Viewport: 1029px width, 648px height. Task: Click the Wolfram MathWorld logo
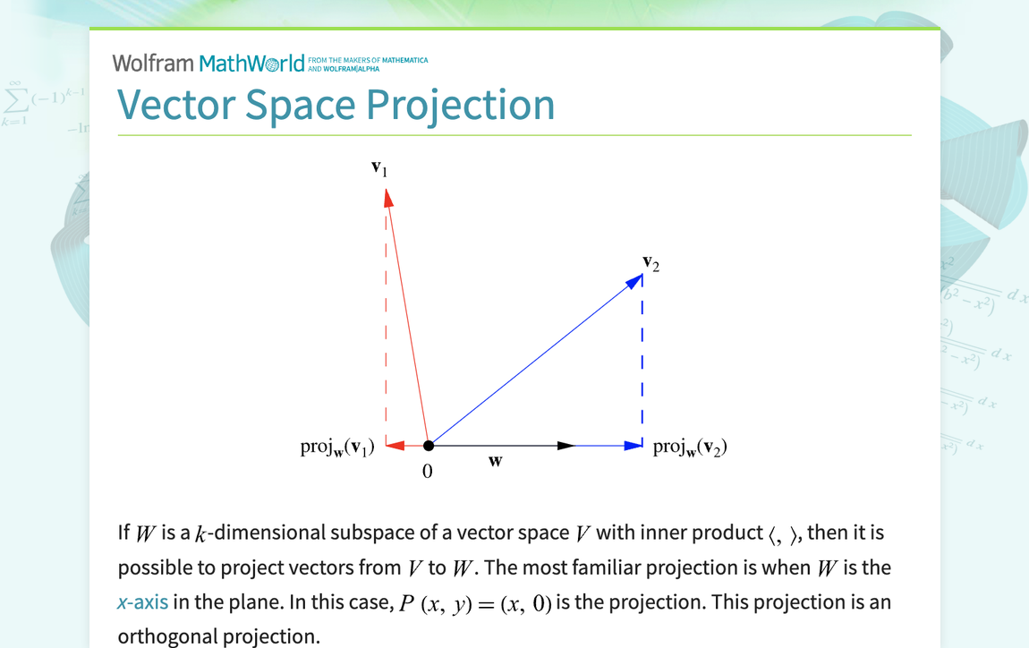point(269,63)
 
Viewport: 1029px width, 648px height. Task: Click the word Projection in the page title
point(460,106)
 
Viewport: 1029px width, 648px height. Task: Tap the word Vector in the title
point(176,105)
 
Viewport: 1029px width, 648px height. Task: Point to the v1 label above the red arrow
point(379,169)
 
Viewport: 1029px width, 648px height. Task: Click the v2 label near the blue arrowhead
point(651,263)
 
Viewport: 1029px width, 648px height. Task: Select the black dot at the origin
point(429,446)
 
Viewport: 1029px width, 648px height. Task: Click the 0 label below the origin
point(427,472)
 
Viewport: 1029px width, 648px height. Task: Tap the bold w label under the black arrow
point(496,461)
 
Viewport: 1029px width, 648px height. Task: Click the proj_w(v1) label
point(337,448)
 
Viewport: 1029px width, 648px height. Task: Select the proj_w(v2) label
point(691,448)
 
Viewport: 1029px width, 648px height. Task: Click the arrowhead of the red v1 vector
point(388,198)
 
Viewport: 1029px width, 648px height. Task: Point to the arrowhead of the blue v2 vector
point(634,281)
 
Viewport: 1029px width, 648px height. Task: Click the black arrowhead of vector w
point(566,446)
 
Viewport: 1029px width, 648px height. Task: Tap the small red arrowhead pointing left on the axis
point(395,446)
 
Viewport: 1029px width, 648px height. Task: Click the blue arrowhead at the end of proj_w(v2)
point(634,446)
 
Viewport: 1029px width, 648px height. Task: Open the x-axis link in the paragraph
point(142,602)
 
